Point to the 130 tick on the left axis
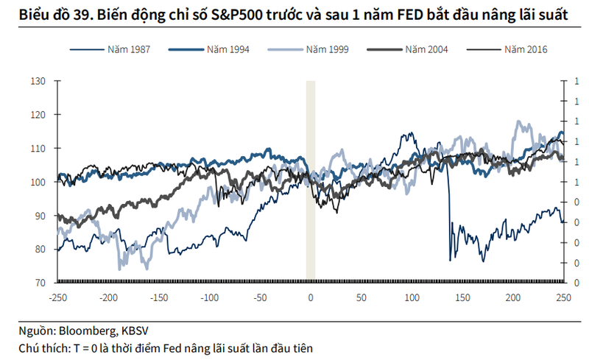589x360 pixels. click(38, 81)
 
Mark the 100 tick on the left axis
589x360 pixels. click(38, 182)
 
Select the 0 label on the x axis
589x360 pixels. click(311, 298)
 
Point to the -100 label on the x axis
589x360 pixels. click(209, 298)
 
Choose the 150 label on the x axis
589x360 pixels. click(462, 298)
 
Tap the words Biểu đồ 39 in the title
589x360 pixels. click(51, 15)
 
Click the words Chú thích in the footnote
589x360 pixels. click(41, 347)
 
